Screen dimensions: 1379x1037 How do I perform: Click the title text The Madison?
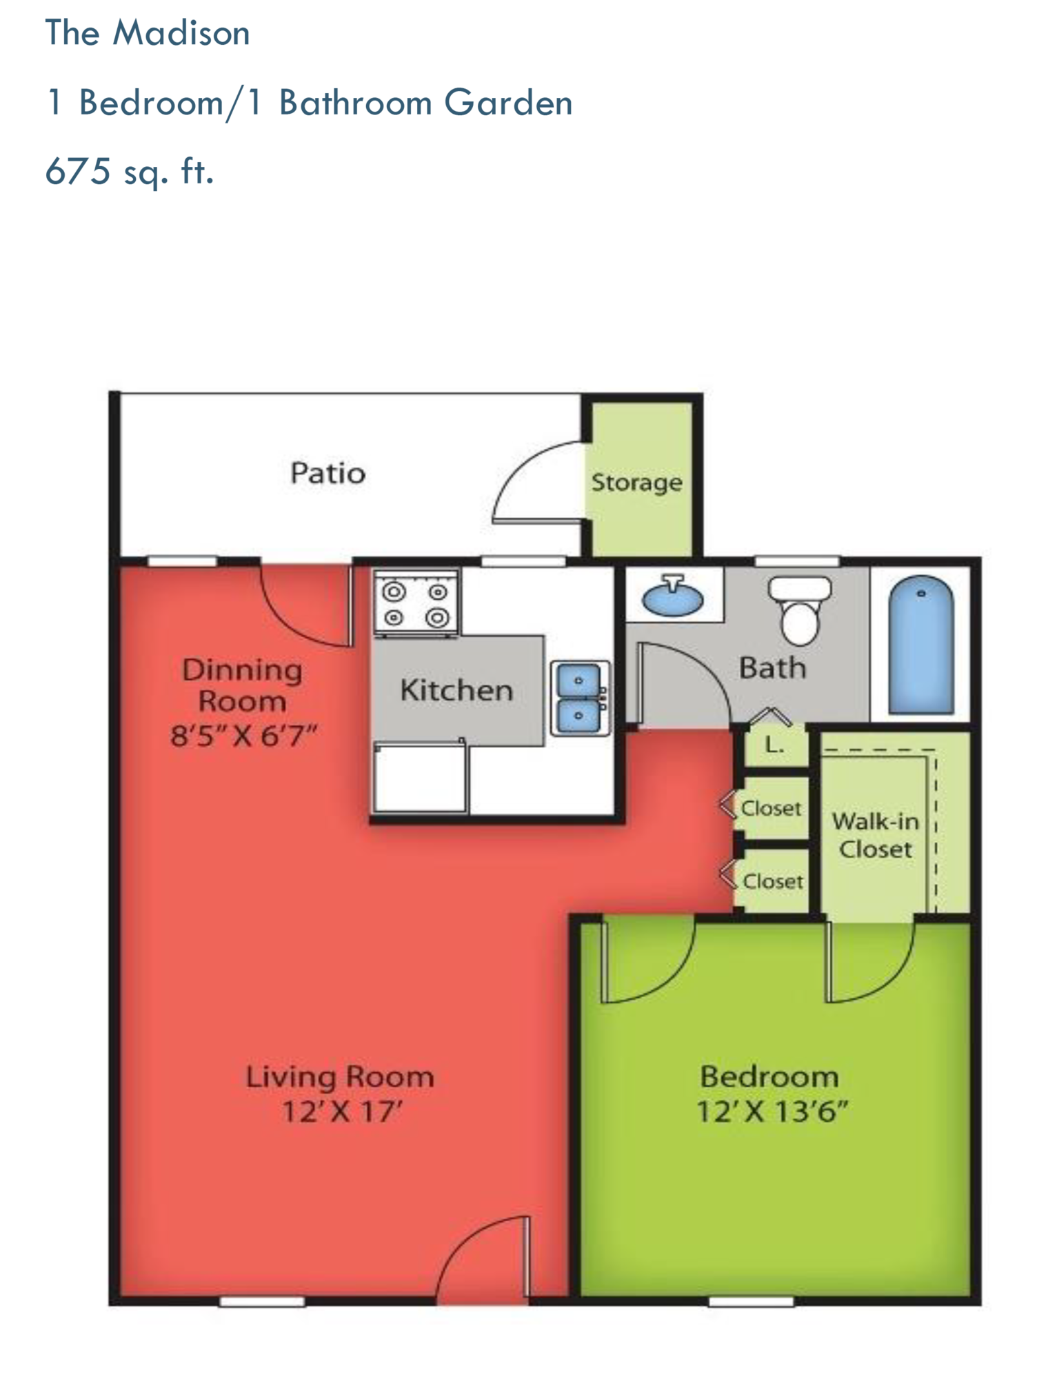[x=147, y=33]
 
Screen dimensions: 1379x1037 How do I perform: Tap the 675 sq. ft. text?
[x=129, y=171]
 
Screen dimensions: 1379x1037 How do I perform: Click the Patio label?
[x=328, y=473]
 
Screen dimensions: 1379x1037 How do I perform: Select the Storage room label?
[x=636, y=482]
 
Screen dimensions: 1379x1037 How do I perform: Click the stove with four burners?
[x=416, y=602]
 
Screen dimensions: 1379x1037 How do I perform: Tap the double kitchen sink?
[x=579, y=698]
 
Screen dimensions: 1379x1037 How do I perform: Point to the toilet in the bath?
[x=800, y=607]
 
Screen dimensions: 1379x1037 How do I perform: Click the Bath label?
[x=772, y=667]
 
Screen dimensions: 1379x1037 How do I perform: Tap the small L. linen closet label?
[x=775, y=745]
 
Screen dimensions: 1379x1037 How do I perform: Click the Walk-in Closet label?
[x=875, y=835]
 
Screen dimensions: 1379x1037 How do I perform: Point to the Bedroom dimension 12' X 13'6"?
[x=772, y=1112]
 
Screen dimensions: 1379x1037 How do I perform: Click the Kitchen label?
[x=456, y=690]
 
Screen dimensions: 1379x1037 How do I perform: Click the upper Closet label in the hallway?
[x=771, y=808]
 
